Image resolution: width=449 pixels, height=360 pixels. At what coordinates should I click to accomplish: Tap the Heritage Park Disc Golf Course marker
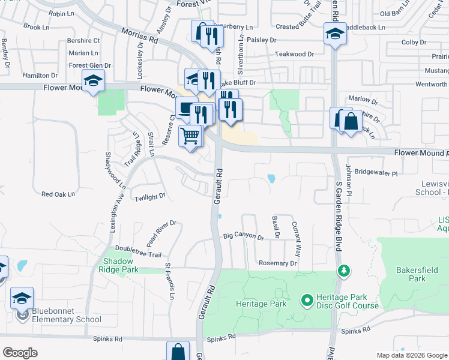[307, 298]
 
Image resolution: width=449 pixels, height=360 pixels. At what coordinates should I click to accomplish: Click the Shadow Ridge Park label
[121, 265]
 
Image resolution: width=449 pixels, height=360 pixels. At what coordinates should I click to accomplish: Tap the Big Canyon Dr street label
[243, 237]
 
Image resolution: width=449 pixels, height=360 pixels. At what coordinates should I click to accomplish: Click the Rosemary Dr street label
[277, 263]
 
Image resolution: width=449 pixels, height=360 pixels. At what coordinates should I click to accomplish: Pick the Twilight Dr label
[149, 197]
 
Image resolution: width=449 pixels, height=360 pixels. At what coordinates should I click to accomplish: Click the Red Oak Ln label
[58, 194]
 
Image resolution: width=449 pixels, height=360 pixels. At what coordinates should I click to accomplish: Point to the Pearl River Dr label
[162, 230]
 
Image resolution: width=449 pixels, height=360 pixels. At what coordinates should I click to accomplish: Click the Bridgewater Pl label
[376, 173]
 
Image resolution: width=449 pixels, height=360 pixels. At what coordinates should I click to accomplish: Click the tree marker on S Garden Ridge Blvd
[343, 271]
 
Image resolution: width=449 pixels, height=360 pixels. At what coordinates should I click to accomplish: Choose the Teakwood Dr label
[294, 54]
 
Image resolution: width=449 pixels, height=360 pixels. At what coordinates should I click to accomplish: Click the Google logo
[20, 353]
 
